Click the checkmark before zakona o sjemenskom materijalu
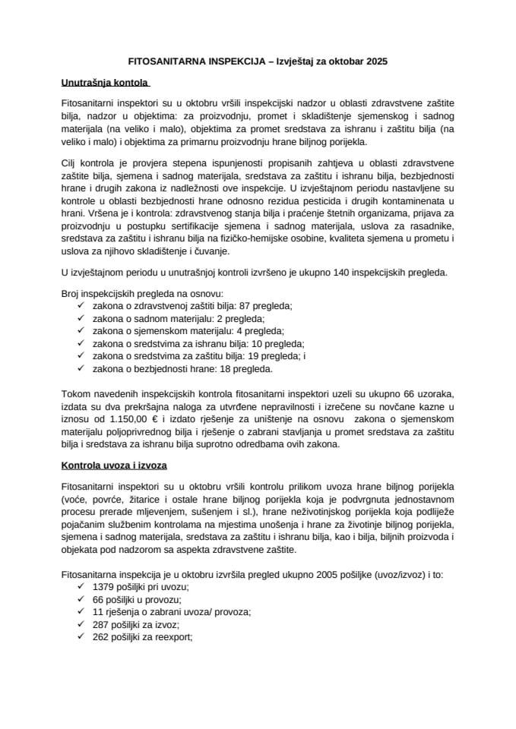pyautogui.click(x=81, y=331)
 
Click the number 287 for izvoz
pyautogui.click(x=102, y=626)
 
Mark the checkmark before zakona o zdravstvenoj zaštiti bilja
pyautogui.click(x=81, y=305)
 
